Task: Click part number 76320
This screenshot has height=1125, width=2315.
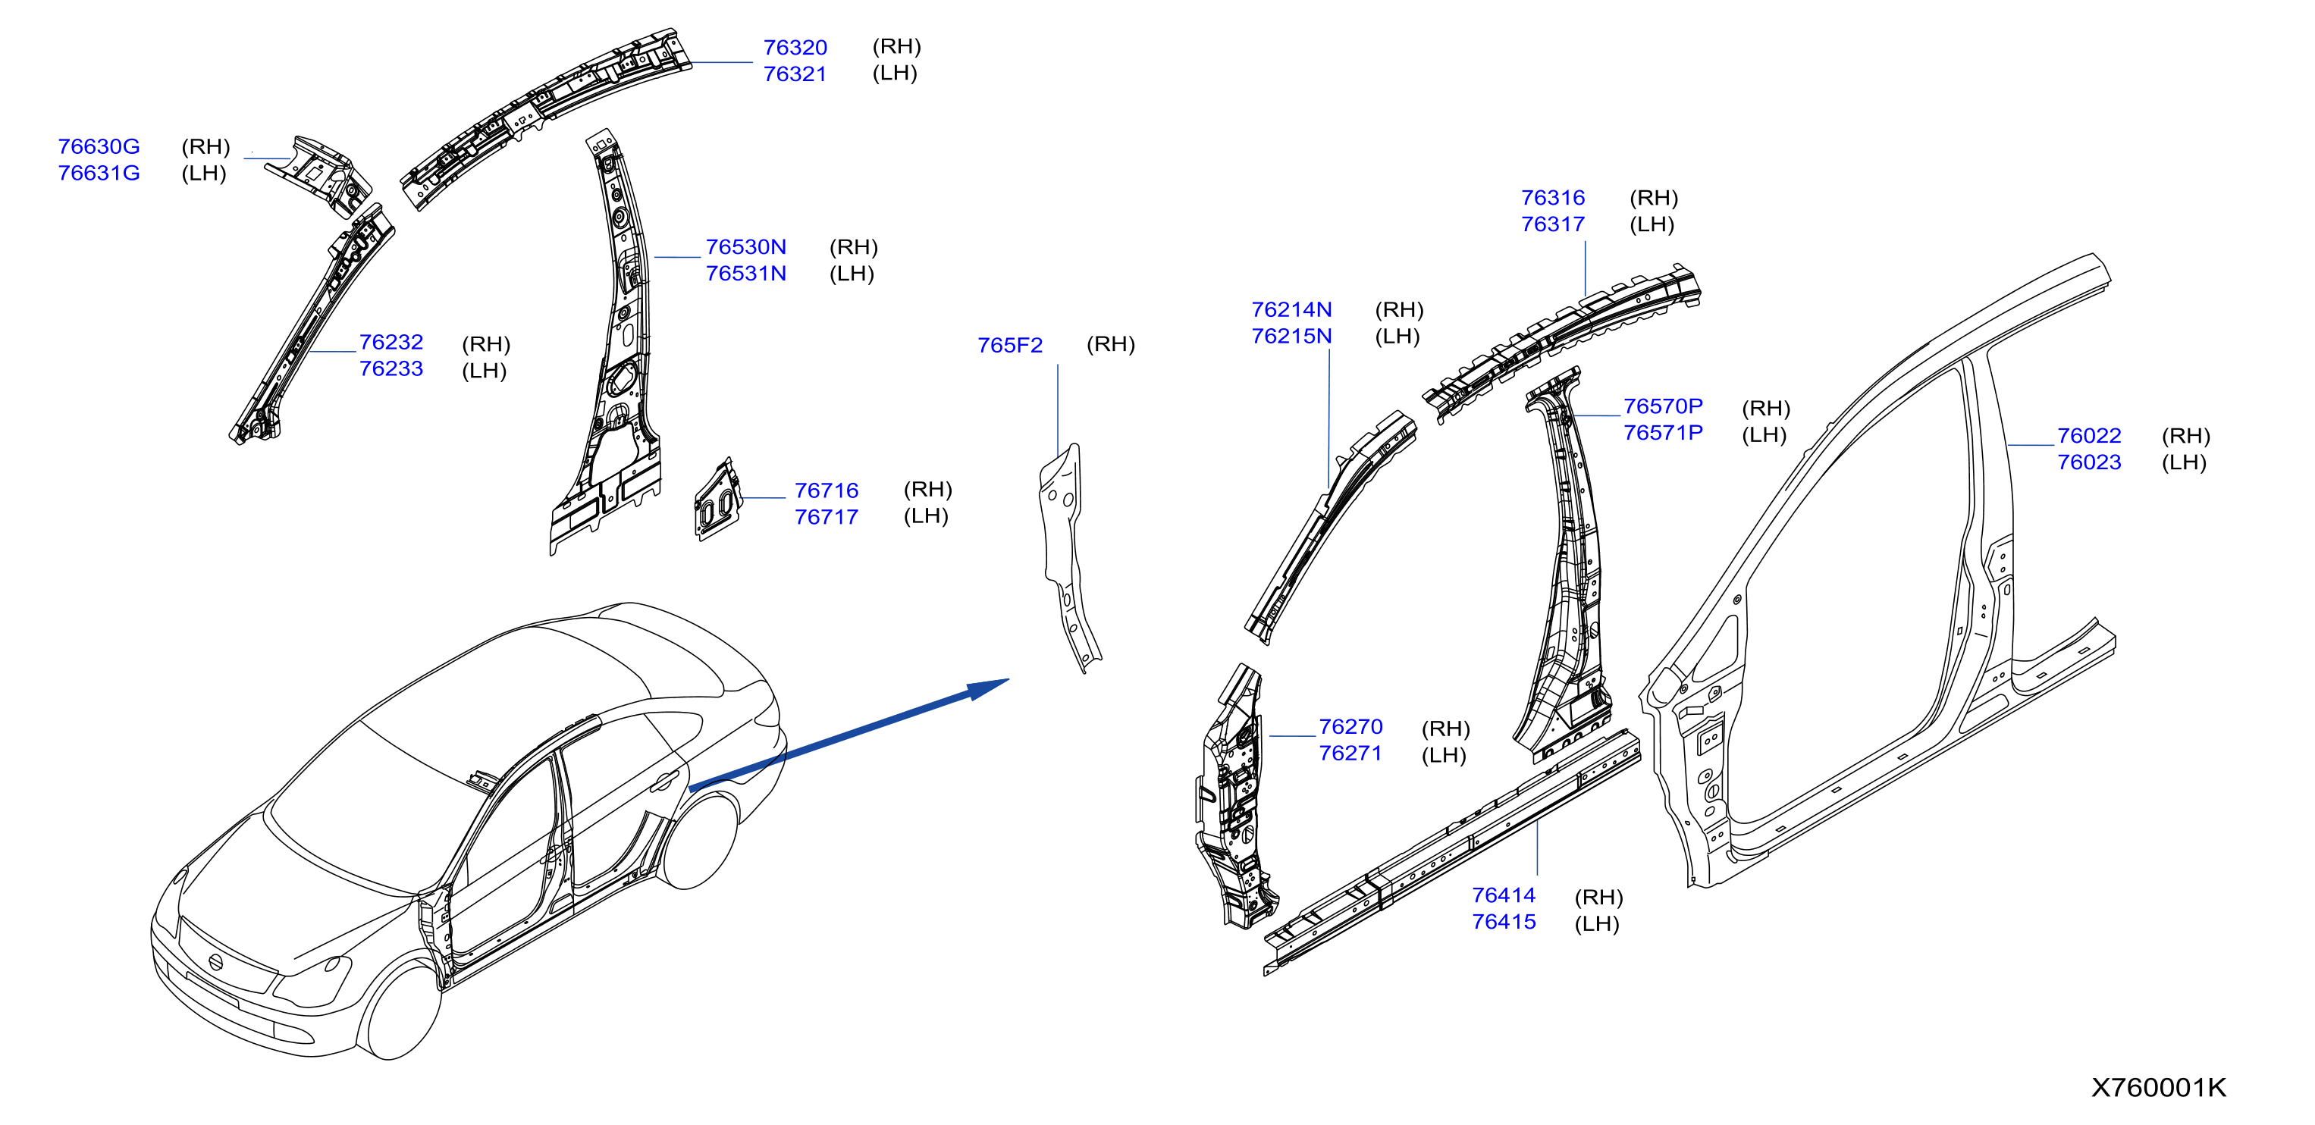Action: pos(795,48)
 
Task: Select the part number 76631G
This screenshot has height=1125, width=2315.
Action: pos(99,173)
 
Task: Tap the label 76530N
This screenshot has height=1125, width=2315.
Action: pos(746,247)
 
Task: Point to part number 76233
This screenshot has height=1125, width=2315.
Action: pos(391,368)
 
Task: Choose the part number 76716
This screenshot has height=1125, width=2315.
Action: pos(826,490)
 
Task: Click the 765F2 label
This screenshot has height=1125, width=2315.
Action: pos(1010,345)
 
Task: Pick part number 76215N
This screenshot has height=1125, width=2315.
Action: pos(1291,336)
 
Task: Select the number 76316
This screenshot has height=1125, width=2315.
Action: pos(1553,198)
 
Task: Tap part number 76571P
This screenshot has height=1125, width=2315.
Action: pos(1663,432)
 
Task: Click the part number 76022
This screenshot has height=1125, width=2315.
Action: pos(2090,436)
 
